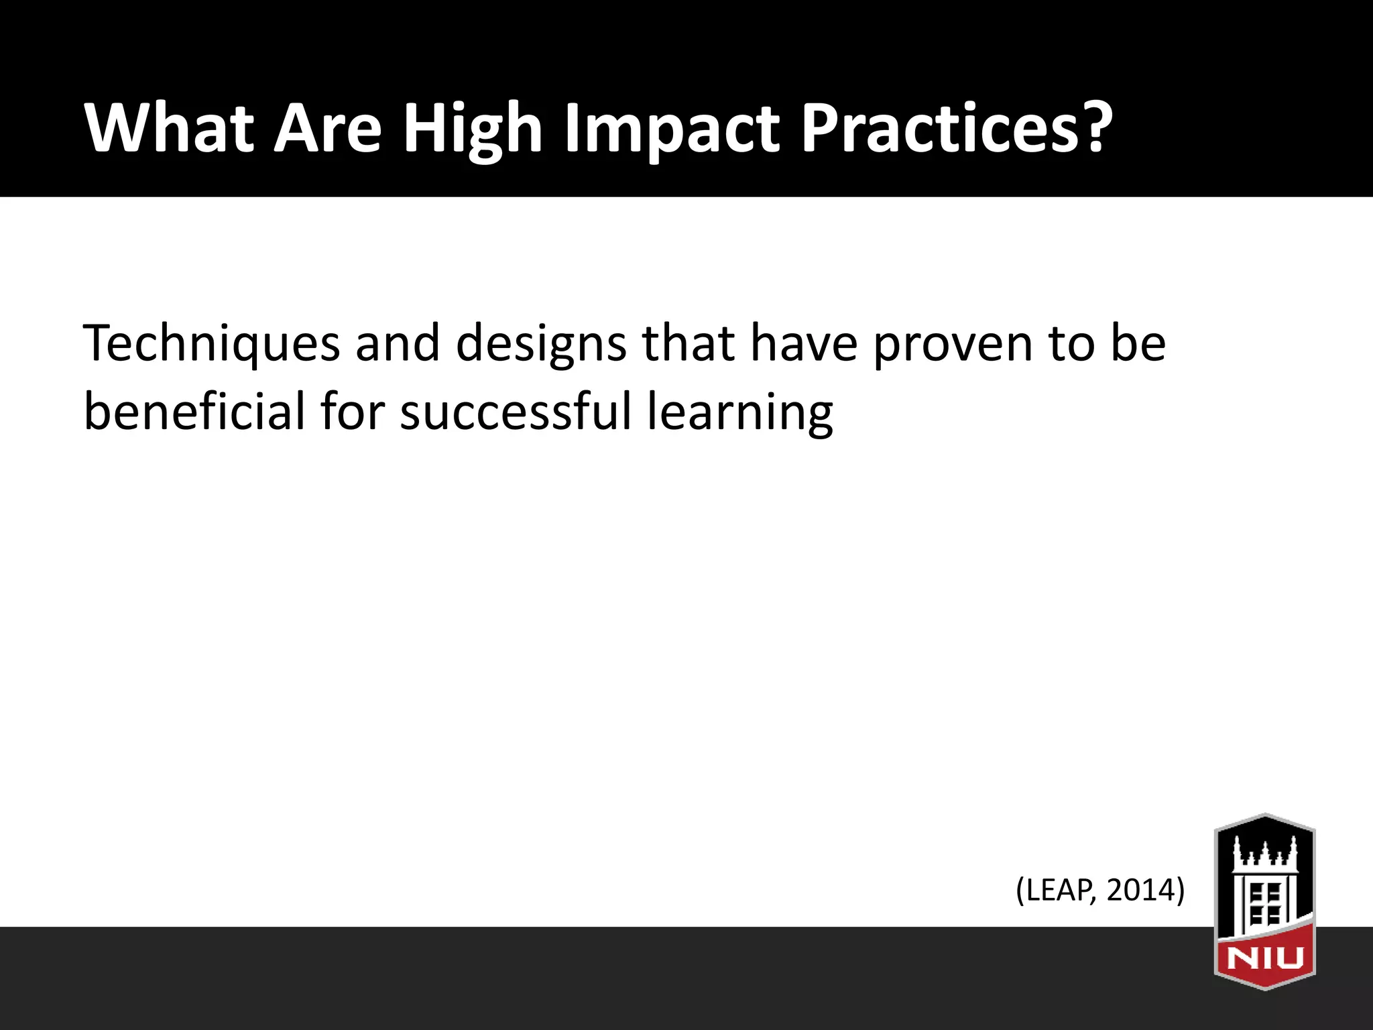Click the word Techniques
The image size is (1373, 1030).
tap(211, 344)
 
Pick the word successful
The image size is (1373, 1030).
tap(516, 411)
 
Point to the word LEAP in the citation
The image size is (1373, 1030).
tap(1059, 891)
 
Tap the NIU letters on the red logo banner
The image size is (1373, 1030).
tap(1264, 958)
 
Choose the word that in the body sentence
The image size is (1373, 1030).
tap(689, 344)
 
